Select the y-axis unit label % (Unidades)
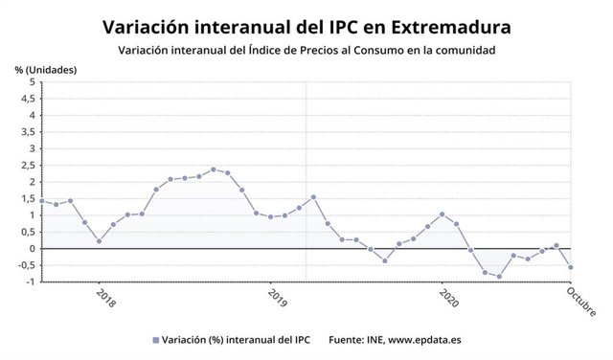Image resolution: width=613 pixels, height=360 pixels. (45, 70)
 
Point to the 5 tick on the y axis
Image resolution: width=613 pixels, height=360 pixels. (32, 82)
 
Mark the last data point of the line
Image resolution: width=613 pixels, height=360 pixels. (570, 267)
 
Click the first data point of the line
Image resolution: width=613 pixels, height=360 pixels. (42, 201)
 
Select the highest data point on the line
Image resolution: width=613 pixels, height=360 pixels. (214, 169)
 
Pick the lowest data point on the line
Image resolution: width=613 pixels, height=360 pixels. (499, 277)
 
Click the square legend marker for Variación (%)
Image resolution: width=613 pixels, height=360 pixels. (155, 339)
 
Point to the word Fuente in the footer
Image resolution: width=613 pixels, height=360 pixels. (349, 339)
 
